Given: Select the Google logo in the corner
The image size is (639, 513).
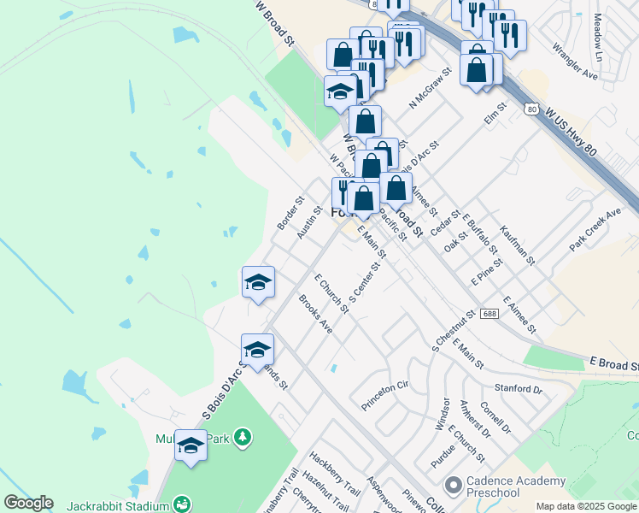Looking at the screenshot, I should (27, 503).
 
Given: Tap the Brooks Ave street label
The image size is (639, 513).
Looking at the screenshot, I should (315, 314).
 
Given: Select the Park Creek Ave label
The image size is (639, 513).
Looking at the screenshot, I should (595, 229).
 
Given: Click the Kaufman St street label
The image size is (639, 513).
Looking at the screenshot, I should (517, 244).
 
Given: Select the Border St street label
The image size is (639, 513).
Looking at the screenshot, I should (290, 214).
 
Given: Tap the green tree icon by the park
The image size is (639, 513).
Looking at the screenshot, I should (244, 438).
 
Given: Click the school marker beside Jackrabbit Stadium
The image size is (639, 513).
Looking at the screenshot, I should (191, 445).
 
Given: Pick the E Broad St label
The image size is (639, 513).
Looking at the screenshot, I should (613, 365).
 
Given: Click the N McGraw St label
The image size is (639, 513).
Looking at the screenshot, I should (429, 89).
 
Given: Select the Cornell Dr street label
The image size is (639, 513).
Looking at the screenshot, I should (495, 418).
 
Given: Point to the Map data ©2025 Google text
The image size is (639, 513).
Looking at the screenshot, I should (586, 506).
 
